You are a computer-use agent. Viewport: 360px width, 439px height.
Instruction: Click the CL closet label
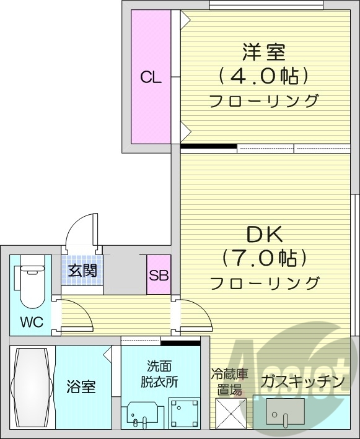(x=151, y=77)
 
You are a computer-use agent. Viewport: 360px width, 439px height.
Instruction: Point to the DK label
(x=265, y=234)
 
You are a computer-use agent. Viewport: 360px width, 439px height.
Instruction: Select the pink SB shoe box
(x=159, y=275)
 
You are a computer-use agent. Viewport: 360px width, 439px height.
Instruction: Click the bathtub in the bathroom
(x=33, y=386)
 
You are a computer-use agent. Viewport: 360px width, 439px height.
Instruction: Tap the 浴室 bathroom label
(x=81, y=388)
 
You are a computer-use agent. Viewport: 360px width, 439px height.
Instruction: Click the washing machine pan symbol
(x=185, y=412)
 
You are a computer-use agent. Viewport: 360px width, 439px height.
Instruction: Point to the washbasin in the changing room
(x=139, y=414)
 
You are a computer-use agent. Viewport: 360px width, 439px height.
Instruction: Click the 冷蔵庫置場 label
(x=229, y=383)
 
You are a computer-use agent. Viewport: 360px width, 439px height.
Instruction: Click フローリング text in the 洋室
(x=263, y=101)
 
